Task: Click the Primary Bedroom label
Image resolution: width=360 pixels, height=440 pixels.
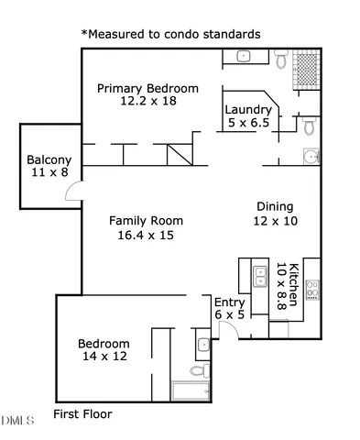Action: [x=147, y=88]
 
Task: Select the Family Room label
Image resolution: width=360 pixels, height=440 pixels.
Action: [x=146, y=221]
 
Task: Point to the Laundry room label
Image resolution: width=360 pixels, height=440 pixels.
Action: [x=247, y=110]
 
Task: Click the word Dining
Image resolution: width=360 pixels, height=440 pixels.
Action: [x=275, y=206]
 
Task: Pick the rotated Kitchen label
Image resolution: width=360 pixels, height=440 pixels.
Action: [x=293, y=284]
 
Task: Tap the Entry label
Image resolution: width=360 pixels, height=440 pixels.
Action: [x=228, y=302]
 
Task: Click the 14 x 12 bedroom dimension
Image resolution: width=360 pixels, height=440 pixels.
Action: [x=104, y=357]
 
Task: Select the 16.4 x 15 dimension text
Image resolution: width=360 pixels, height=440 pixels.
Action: [x=146, y=235]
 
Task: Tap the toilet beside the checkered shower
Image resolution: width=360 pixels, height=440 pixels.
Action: [x=281, y=60]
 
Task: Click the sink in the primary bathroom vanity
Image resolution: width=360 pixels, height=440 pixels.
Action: [x=245, y=56]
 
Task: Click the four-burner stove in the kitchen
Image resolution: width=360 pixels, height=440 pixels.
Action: [x=312, y=289]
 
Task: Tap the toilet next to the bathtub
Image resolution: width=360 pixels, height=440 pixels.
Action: [x=195, y=371]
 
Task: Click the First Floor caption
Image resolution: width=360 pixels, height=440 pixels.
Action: [x=82, y=414]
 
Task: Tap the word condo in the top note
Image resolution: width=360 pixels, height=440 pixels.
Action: [x=183, y=34]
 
